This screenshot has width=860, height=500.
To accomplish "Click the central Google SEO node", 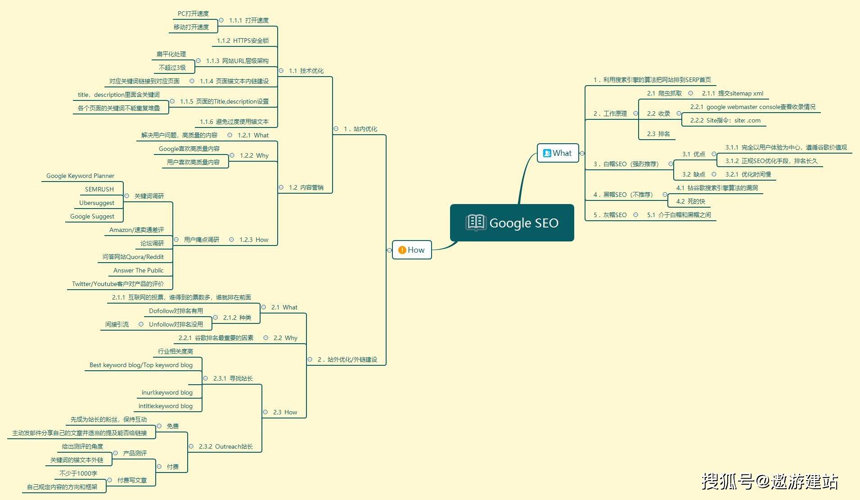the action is click(x=512, y=223).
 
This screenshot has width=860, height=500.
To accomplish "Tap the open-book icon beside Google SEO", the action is click(x=476, y=223).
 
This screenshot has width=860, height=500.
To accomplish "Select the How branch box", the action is click(x=412, y=250).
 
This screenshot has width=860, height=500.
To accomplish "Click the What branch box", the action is click(x=558, y=153).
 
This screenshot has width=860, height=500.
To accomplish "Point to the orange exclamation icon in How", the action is click(x=402, y=250).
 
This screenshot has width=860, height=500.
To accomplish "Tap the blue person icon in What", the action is click(x=547, y=153).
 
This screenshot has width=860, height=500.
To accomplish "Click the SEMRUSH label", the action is click(x=99, y=189).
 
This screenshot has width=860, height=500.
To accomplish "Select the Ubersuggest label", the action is click(x=97, y=203).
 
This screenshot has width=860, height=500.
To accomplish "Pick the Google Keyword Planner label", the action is click(x=80, y=176).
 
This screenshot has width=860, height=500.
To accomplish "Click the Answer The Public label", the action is click(x=139, y=270).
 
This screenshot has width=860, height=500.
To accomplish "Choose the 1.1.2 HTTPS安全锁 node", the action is click(x=243, y=41).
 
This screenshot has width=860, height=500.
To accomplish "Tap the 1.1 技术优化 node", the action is click(x=306, y=71).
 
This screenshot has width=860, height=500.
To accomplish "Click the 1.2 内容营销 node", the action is click(x=306, y=187).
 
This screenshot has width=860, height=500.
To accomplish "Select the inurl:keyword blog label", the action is click(x=167, y=392).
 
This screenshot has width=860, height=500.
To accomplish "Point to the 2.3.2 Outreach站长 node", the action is click(x=225, y=446).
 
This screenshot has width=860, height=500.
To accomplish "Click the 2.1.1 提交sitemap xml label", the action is click(x=733, y=93).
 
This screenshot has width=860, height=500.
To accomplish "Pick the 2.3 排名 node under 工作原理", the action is click(x=658, y=134).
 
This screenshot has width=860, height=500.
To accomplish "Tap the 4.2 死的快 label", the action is click(x=690, y=201).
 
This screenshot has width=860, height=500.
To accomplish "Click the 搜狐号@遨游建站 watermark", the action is click(x=770, y=481).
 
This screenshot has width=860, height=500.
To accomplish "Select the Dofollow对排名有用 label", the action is click(x=176, y=311).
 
